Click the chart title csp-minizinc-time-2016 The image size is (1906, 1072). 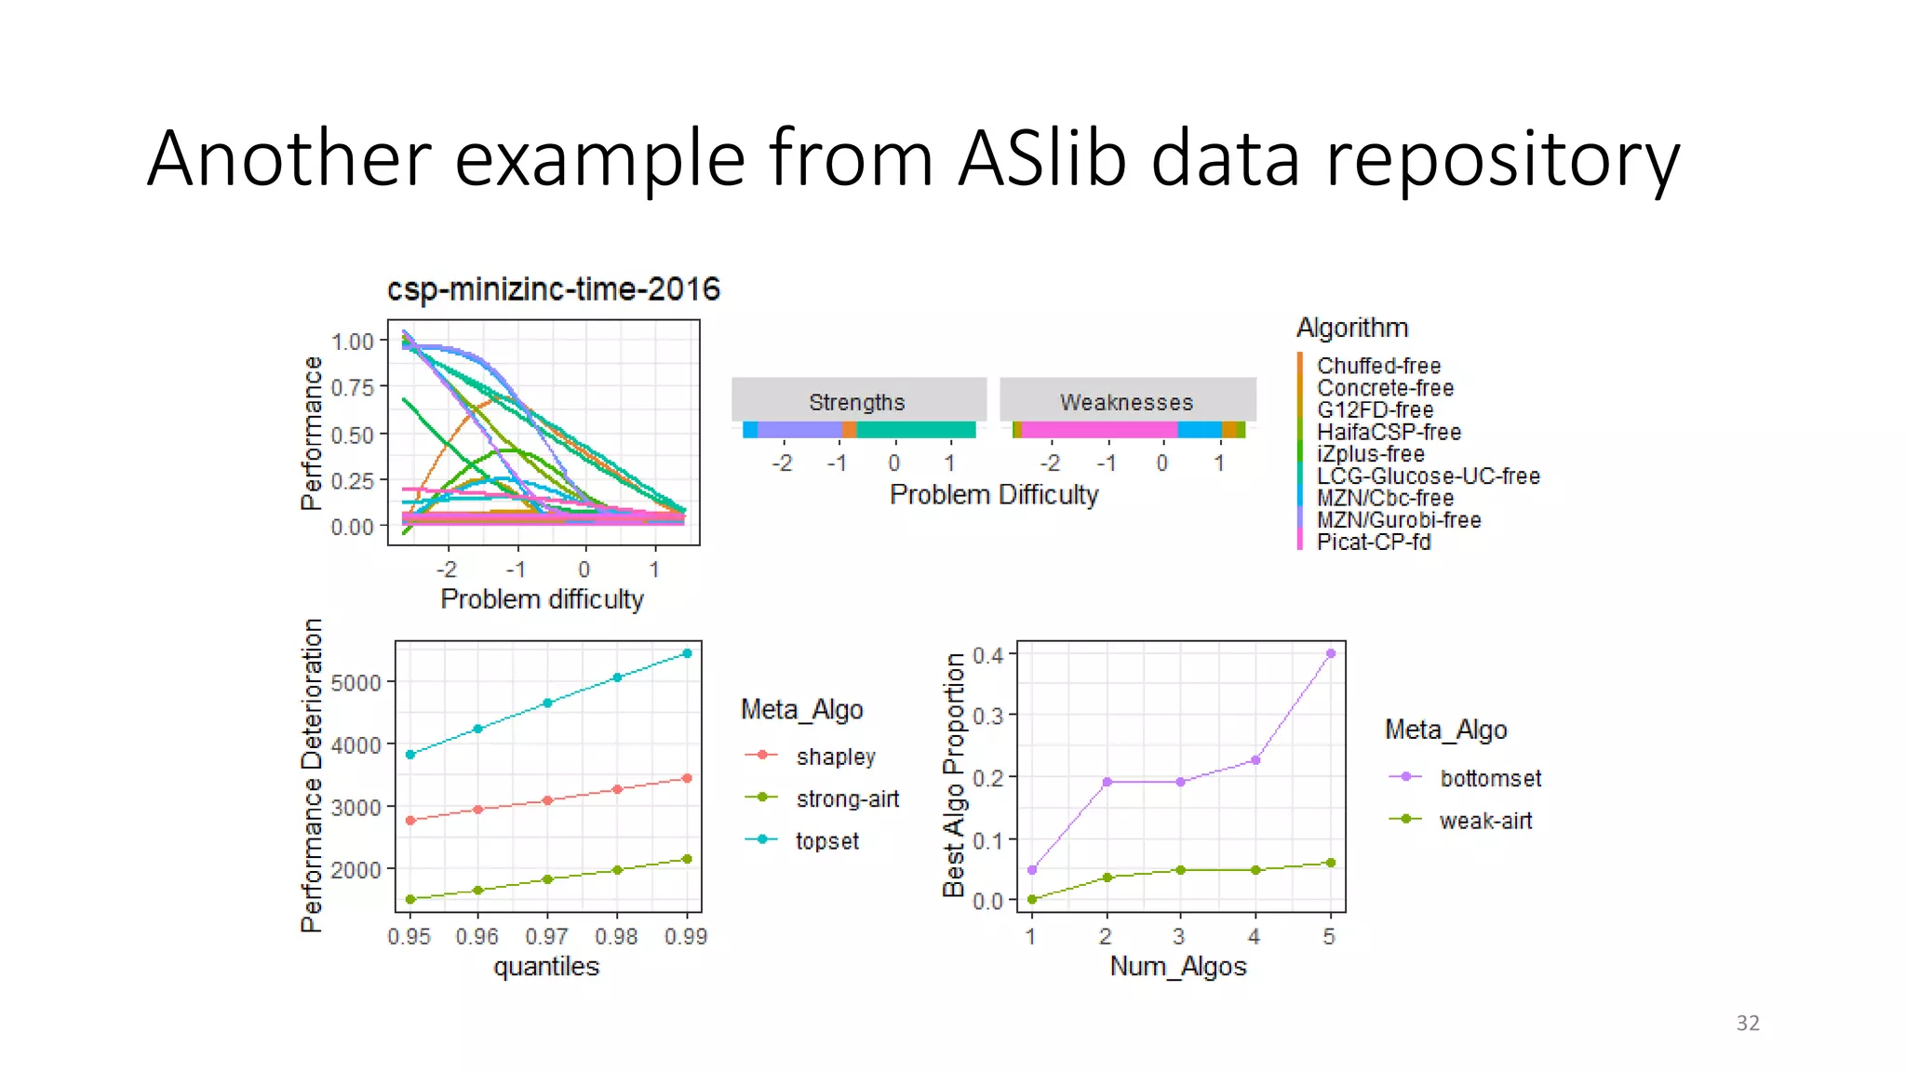coord(553,289)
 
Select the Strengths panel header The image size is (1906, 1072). coord(857,402)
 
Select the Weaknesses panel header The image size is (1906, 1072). coord(1126,402)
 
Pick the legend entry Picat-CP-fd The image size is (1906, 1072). coord(1373,542)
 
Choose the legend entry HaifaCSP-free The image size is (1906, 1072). coord(1388,432)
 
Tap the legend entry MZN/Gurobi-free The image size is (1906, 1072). coord(1398,520)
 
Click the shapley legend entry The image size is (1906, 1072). coord(835,757)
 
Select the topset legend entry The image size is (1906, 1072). coord(826,841)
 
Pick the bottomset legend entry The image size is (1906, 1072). coord(1490,778)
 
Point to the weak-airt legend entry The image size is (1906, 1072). coord(1484,821)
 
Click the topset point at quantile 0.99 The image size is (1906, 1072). coord(687,653)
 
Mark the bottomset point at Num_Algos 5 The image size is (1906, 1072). coord(1331,653)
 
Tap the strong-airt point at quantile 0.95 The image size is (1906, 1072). coord(410,899)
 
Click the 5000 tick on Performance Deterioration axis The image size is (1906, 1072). coord(356,683)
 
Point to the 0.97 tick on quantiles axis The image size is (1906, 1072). coord(546,936)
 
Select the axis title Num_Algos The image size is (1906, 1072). coord(1177,967)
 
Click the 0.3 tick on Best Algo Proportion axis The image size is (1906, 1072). coord(987,717)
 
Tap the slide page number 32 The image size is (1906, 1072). coord(1747,1023)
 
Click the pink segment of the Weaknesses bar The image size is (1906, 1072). coord(1098,430)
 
